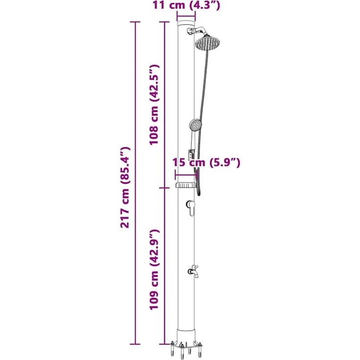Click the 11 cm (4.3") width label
pyautogui.click(x=186, y=5)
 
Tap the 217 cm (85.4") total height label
pyautogui.click(x=125, y=187)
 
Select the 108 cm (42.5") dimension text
pyautogui.click(x=154, y=105)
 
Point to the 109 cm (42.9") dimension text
pyautogui.click(x=154, y=269)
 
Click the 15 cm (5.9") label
pyautogui.click(x=206, y=162)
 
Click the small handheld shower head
pyautogui.click(x=195, y=125)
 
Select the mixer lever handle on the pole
pyautogui.click(x=191, y=207)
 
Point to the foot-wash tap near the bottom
pyautogui.click(x=193, y=271)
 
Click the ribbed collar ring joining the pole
pyautogui.click(x=185, y=185)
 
